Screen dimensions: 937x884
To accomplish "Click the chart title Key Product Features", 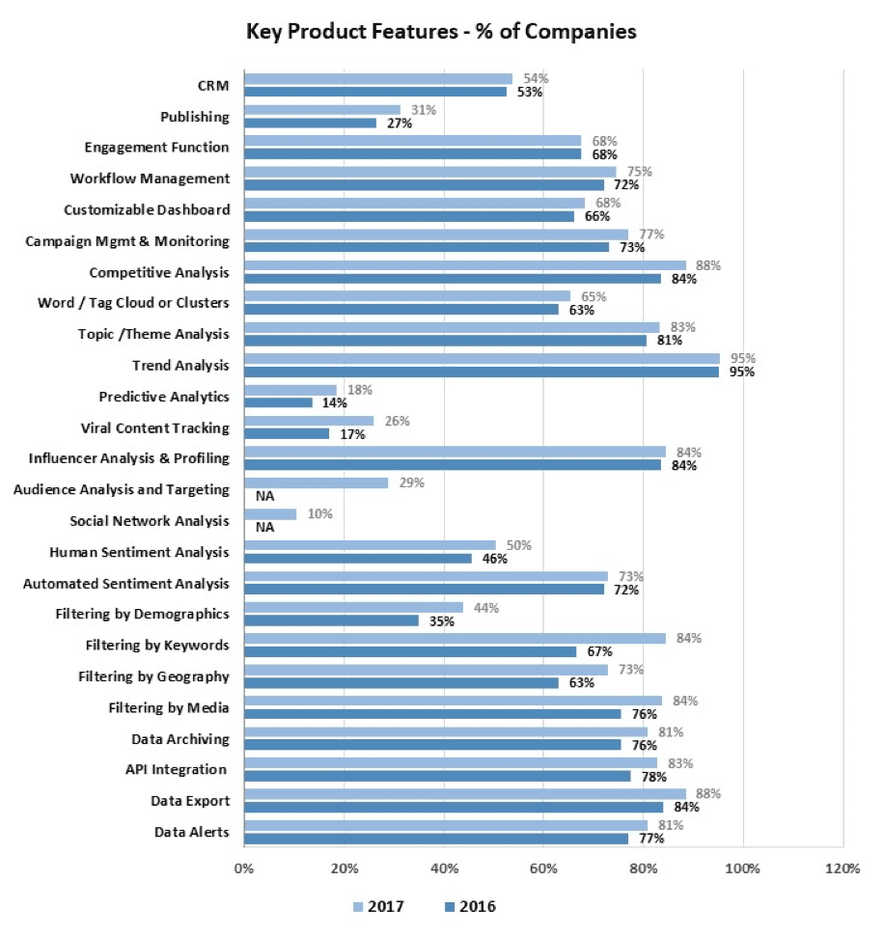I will tap(441, 31).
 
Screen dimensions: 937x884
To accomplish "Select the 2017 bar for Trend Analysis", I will tap(482, 358).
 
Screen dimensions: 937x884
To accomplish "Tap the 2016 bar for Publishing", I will tap(310, 123).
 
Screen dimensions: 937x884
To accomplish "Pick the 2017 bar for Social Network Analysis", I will tap(270, 514).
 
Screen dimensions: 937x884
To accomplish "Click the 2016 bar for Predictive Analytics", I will tap(278, 401).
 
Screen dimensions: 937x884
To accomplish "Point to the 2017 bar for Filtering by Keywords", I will tap(455, 638).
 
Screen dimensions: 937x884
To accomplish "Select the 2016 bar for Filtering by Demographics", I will tap(331, 620).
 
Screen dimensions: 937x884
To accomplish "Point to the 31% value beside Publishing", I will tap(422, 110).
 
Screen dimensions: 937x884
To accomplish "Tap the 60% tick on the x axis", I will tap(543, 868).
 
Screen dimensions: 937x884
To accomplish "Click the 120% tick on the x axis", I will tap(843, 868).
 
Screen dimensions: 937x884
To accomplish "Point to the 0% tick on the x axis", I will tap(244, 868).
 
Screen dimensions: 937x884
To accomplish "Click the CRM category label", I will tap(212, 86).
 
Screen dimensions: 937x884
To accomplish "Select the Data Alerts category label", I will tap(191, 832).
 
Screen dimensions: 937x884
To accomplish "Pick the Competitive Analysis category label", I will tap(159, 272).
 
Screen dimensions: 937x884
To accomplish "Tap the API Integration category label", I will tap(178, 769).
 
